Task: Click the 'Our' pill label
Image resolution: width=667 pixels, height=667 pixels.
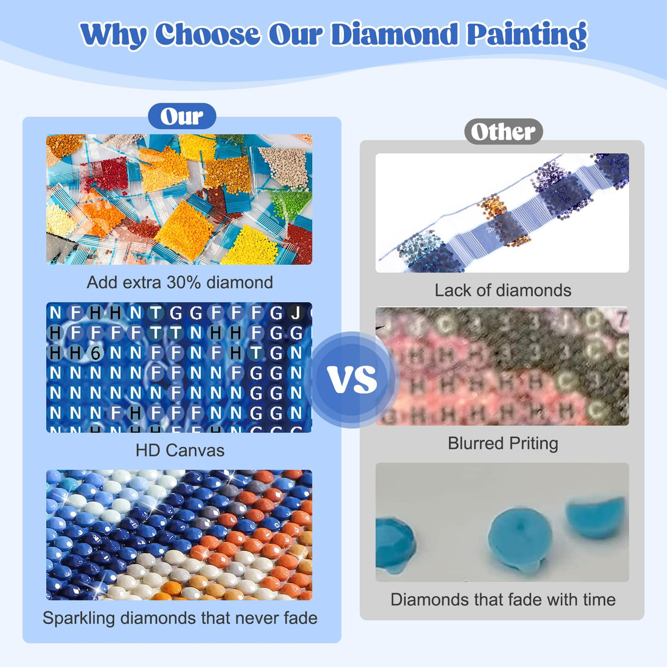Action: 182,116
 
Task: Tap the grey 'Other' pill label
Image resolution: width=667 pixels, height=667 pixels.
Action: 503,132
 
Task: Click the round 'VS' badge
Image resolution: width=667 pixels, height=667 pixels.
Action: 352,379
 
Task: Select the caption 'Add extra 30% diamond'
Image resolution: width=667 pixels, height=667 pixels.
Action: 180,282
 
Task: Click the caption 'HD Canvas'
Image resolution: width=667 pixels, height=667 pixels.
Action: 180,451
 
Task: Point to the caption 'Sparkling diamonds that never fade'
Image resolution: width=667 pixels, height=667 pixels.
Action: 180,618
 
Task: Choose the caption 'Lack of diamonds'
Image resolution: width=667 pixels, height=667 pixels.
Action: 503,290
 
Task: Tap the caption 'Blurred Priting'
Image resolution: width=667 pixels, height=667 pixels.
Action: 503,443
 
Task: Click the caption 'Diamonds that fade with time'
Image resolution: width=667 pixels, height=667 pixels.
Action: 503,599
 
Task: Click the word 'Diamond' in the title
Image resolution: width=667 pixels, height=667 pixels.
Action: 394,34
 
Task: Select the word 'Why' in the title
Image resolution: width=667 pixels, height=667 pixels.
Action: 113,34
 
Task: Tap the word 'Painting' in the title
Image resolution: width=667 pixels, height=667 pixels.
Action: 527,34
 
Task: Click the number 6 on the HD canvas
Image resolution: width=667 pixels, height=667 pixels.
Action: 96,353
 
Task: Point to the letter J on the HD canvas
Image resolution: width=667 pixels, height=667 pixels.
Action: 296,313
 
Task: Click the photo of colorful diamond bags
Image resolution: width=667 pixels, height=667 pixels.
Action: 179,199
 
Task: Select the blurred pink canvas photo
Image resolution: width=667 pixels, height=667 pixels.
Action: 502,366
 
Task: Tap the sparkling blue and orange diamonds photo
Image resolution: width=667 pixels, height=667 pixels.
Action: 179,535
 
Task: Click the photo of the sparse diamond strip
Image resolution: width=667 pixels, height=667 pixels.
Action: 502,213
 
